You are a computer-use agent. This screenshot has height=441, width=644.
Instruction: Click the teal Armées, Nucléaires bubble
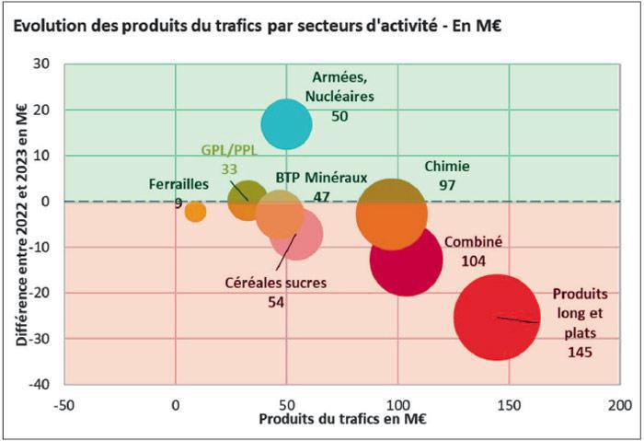click(x=286, y=123)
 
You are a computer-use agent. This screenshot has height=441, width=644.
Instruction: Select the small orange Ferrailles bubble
click(x=195, y=212)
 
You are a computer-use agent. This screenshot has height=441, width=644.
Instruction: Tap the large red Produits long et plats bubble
click(x=497, y=317)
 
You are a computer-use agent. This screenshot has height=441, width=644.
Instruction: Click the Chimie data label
click(x=447, y=167)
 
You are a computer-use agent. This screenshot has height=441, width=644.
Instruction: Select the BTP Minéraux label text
click(x=321, y=177)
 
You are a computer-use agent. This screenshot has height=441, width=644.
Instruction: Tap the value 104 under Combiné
click(x=474, y=261)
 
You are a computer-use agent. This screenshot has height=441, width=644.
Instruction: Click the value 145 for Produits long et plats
click(x=580, y=352)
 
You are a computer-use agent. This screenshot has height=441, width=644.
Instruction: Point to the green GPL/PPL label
click(x=228, y=150)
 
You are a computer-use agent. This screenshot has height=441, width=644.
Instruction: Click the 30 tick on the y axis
click(x=42, y=64)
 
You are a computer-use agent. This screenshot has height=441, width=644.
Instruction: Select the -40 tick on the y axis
click(x=40, y=384)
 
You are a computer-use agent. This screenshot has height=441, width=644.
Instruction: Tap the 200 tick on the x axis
click(x=619, y=404)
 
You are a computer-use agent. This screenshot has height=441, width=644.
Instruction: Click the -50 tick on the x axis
click(x=63, y=404)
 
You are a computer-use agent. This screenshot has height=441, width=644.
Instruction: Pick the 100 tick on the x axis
click(x=397, y=404)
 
